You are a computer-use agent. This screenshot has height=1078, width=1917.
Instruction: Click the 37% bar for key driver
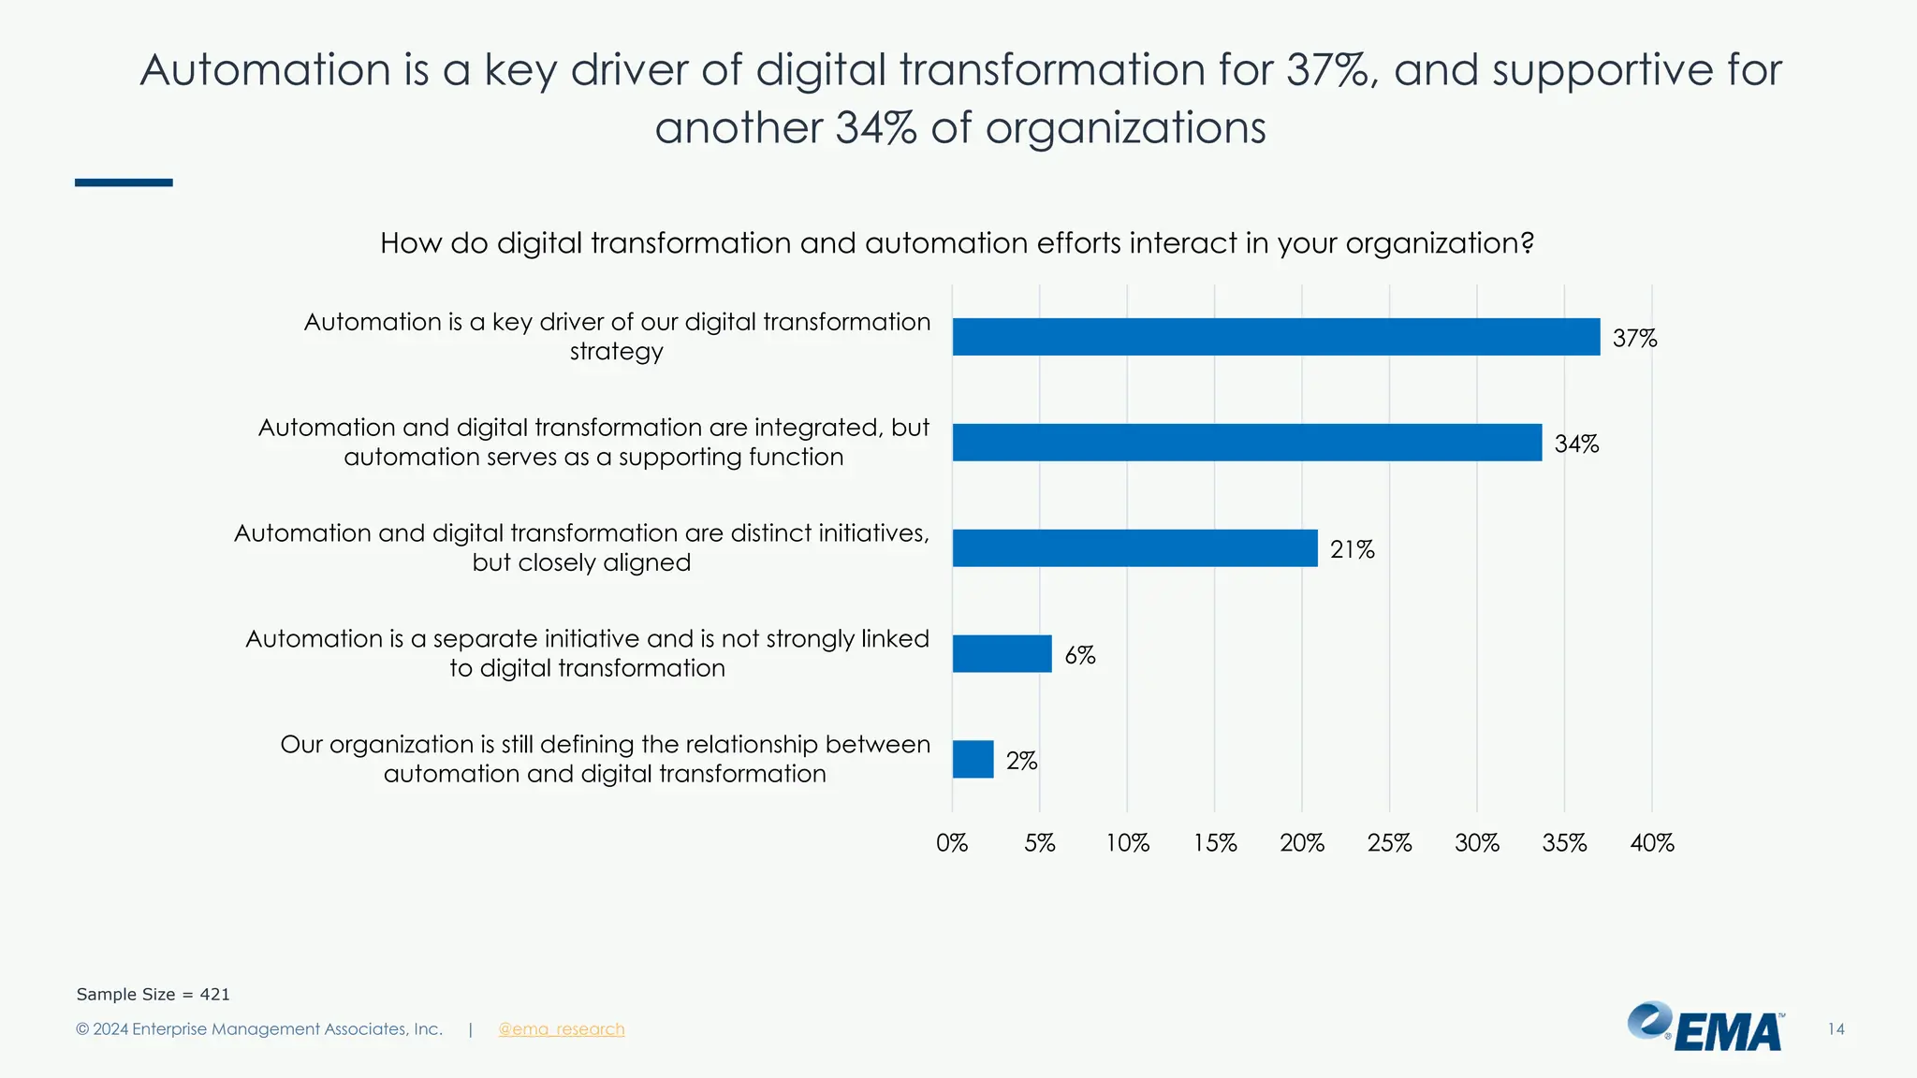tap(1276, 337)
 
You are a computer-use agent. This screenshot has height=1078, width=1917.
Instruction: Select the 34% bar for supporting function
tap(1247, 443)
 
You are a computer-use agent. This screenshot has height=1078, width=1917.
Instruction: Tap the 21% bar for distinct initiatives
tap(1134, 548)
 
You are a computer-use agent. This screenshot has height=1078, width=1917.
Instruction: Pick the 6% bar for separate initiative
tap(1002, 654)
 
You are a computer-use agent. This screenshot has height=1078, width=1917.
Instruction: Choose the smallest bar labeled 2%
tap(973, 759)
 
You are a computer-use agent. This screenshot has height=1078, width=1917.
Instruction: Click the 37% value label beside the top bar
tap(1634, 339)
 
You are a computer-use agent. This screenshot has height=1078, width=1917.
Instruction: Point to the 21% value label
tap(1352, 550)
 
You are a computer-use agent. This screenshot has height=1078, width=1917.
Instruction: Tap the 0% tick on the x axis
tap(952, 843)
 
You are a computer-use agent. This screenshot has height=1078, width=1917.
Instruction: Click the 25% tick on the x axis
tap(1389, 843)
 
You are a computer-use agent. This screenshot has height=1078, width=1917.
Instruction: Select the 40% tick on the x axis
tap(1651, 843)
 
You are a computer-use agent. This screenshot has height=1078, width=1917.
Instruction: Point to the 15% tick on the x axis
tap(1214, 843)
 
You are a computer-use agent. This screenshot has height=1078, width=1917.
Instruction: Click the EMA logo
tap(1705, 1027)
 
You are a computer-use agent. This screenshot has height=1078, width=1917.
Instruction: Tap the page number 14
tap(1836, 1029)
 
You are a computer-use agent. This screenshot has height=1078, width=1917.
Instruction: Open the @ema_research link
tap(561, 1029)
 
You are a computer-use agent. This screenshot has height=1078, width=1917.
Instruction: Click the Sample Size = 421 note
tap(153, 995)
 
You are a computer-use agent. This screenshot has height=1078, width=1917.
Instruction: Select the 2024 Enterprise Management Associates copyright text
tap(259, 1029)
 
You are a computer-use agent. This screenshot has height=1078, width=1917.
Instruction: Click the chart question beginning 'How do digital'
tap(957, 243)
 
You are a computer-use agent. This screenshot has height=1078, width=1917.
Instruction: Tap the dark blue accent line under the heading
tap(124, 182)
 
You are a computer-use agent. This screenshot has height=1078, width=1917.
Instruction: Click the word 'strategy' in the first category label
tap(616, 353)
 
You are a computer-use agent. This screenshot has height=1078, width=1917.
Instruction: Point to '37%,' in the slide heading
tap(1331, 71)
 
